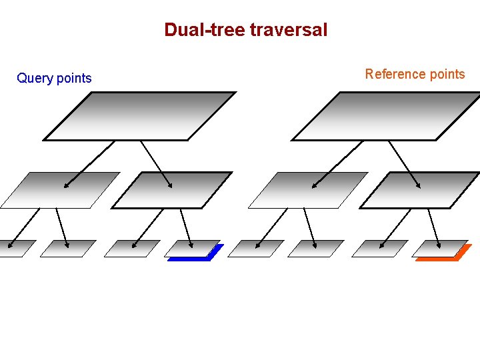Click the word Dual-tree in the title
(204, 30)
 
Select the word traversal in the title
(289, 30)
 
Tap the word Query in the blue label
(35, 78)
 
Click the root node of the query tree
(140, 116)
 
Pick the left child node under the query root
(60, 190)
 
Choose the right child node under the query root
(172, 190)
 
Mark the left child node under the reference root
(308, 190)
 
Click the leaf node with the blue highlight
(192, 249)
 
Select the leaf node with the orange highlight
(440, 249)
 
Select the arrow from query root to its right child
(157, 164)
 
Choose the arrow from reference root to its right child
(405, 164)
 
